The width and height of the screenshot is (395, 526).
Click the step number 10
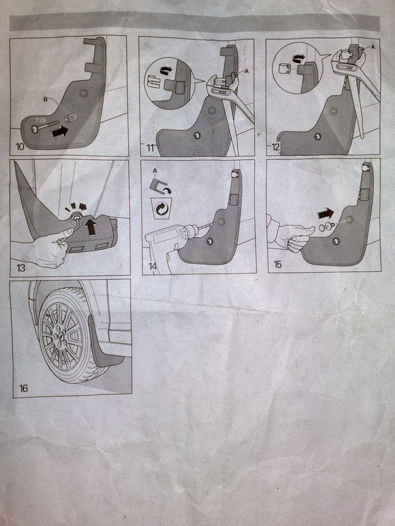[x=20, y=147]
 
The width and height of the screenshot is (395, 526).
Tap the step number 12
[x=275, y=147]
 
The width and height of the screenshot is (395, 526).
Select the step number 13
[x=21, y=268]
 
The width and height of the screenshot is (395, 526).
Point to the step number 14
[x=153, y=266]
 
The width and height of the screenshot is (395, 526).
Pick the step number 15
[x=278, y=264]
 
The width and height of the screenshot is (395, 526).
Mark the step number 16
[x=24, y=389]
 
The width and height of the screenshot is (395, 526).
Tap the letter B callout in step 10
[x=45, y=99]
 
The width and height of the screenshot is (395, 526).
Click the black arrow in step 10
[x=60, y=131]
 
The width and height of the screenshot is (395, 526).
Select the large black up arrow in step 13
[x=90, y=227]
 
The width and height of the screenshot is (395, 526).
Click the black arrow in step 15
[x=325, y=213]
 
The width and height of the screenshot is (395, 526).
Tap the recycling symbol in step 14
[x=161, y=208]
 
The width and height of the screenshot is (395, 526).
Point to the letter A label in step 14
[x=155, y=171]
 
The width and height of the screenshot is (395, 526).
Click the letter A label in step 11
[x=248, y=71]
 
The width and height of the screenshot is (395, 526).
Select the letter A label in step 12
[x=373, y=47]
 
